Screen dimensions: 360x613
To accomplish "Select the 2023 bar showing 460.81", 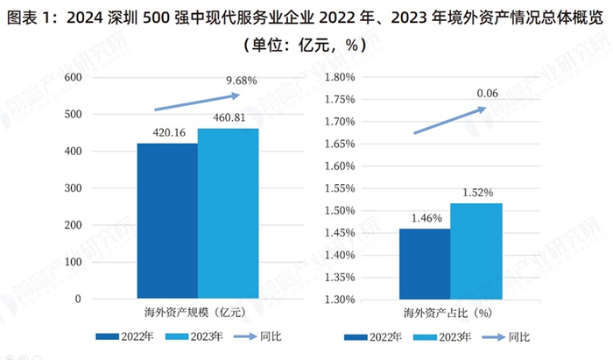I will [228, 214].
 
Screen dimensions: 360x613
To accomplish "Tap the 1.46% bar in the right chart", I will [425, 264].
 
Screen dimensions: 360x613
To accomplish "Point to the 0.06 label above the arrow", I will [488, 93].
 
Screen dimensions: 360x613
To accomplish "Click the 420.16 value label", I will [166, 134].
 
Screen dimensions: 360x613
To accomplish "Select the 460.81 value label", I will [229, 120].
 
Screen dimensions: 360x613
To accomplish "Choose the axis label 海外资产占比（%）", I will [450, 312].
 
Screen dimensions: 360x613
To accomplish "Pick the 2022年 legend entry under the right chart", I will [378, 336].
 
